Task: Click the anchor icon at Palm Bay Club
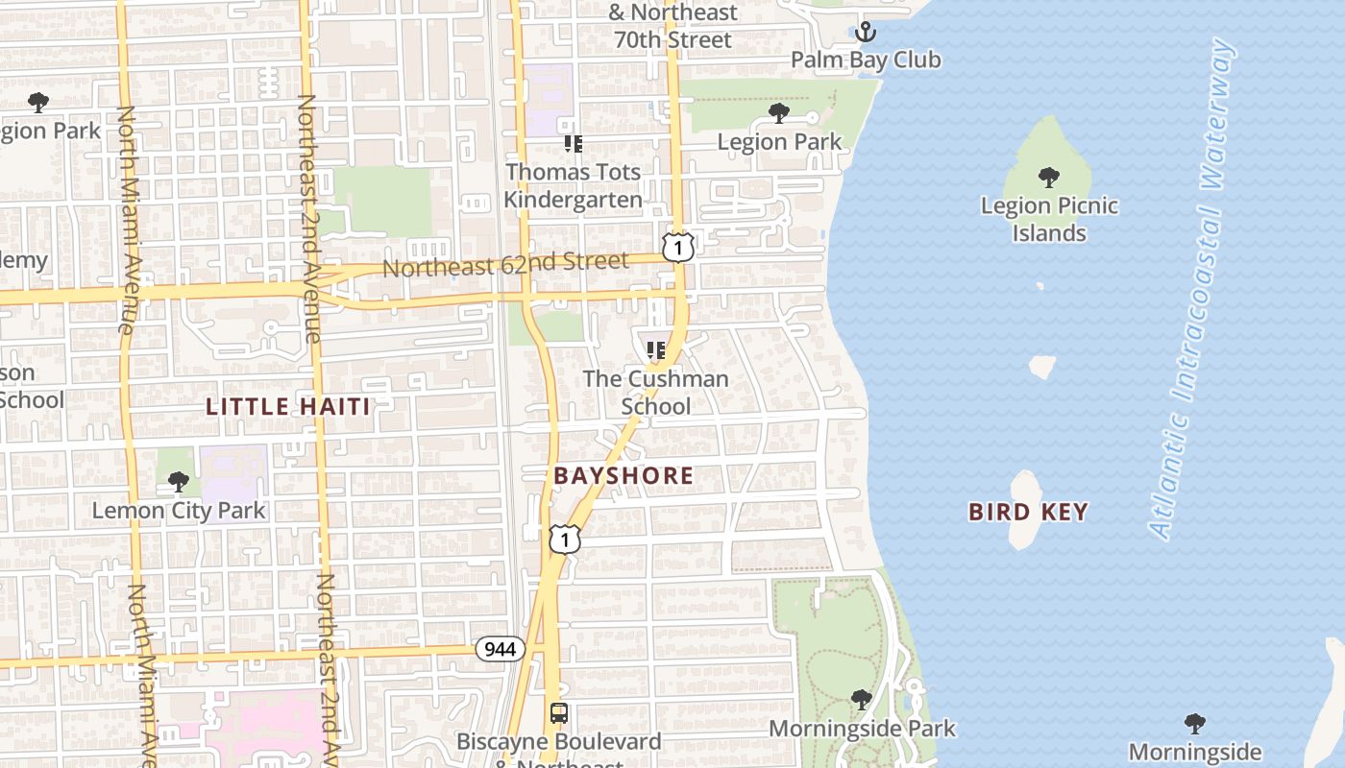click(x=866, y=32)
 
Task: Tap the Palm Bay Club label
click(x=866, y=60)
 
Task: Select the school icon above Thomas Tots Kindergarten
click(x=574, y=144)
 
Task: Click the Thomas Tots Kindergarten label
click(x=574, y=185)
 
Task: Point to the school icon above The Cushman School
click(x=656, y=350)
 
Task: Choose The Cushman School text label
click(x=656, y=392)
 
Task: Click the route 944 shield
click(x=501, y=650)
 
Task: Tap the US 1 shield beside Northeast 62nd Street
click(x=678, y=248)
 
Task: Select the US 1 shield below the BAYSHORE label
click(x=565, y=539)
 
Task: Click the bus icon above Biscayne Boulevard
click(x=558, y=713)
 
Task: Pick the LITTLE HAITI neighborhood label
click(x=288, y=406)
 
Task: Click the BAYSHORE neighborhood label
click(x=624, y=475)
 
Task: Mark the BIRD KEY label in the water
click(x=1028, y=512)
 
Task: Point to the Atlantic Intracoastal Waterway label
click(x=1191, y=288)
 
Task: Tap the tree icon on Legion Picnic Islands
click(x=1048, y=178)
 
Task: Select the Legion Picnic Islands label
click(x=1048, y=219)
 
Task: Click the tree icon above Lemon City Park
click(x=178, y=481)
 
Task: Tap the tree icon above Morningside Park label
click(x=862, y=699)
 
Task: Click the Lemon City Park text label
click(x=178, y=510)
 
